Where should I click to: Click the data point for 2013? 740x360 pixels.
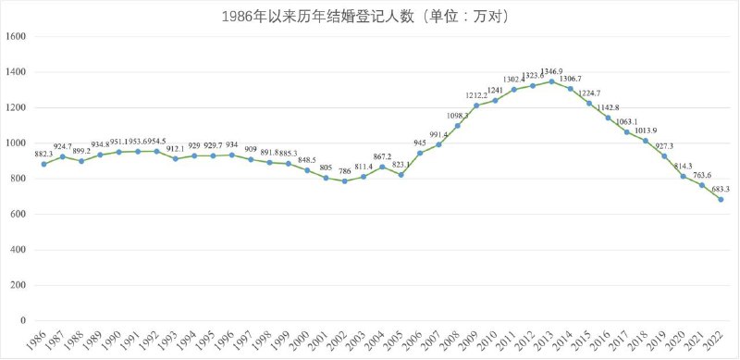click(551, 81)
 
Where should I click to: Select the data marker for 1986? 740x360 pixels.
click(43, 164)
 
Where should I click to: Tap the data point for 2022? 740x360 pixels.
click(721, 199)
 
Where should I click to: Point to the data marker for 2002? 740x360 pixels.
click(344, 181)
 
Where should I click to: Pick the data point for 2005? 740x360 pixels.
click(401, 175)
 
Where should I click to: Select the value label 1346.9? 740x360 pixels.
click(551, 70)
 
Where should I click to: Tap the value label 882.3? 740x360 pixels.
click(43, 152)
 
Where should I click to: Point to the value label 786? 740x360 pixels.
click(344, 169)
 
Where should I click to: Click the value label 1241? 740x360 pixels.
click(495, 89)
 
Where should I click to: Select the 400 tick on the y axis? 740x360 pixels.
click(18, 250)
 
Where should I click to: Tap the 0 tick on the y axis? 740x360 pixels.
click(23, 321)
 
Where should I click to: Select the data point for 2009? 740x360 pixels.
click(476, 106)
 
